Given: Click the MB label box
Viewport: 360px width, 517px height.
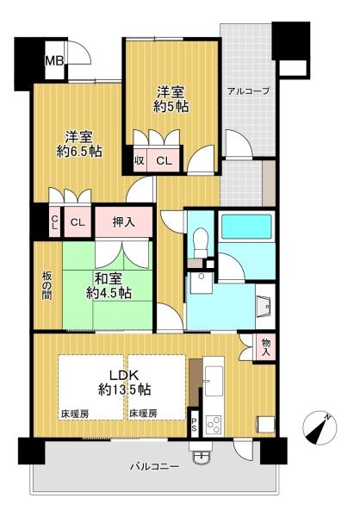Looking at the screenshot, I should click(54, 61).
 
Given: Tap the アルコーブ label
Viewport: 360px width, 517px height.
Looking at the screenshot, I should click(248, 90).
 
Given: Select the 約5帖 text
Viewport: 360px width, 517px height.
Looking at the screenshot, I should click(171, 107).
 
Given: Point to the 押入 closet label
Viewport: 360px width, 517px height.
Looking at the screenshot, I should click(123, 222).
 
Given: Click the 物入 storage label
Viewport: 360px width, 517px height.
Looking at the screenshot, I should click(266, 346).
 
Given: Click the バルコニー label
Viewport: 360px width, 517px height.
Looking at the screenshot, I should click(154, 467).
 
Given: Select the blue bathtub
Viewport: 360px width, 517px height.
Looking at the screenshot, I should click(246, 227).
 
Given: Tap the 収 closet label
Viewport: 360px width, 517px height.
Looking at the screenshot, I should click(139, 159).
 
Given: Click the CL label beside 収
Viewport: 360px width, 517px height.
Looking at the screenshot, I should click(163, 159).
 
